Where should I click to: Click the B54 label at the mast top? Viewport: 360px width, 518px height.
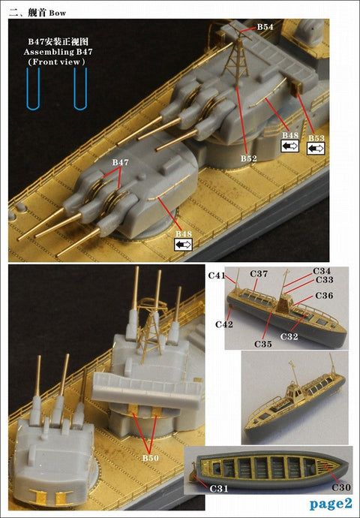265,27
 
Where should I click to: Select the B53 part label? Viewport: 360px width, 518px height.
316,138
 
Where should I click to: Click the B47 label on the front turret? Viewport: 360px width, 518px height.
120,162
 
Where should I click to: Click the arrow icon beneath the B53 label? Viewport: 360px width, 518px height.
316,149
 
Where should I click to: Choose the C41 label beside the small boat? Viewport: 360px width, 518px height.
217,276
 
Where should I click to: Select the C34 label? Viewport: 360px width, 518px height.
321,270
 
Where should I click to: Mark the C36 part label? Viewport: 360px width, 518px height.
324,295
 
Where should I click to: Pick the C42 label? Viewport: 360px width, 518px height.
223,324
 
